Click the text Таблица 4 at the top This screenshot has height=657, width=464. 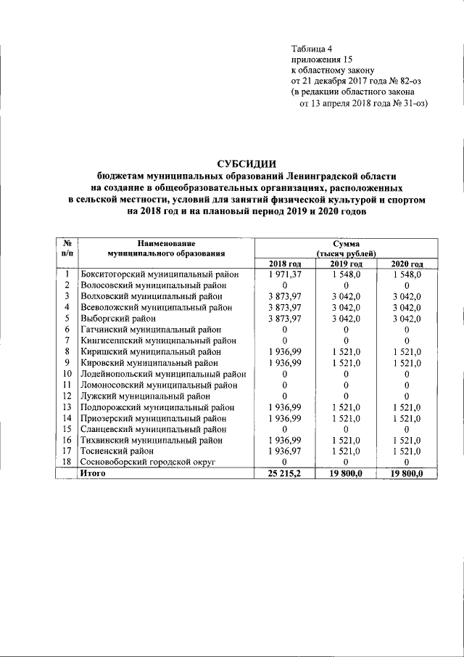click(312, 47)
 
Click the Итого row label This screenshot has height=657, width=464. click(93, 473)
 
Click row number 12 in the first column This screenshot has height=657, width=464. click(66, 396)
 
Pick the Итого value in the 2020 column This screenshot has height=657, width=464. click(407, 473)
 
